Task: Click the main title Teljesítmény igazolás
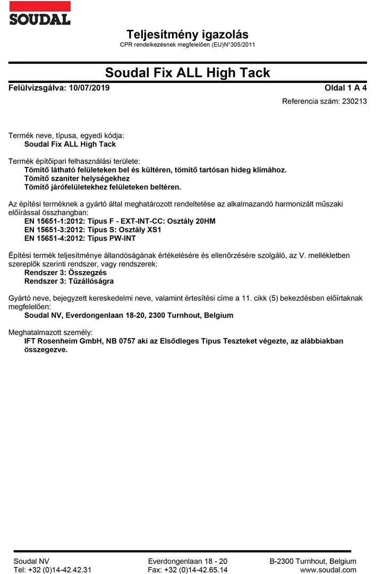coord(188,35)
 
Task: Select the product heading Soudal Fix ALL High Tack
coord(188,73)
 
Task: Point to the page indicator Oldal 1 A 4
coord(345,88)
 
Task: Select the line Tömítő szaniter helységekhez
coord(77,178)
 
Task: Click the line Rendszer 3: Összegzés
coord(65,272)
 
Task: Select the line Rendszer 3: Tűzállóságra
coord(69,281)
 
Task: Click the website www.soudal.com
coord(328,570)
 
